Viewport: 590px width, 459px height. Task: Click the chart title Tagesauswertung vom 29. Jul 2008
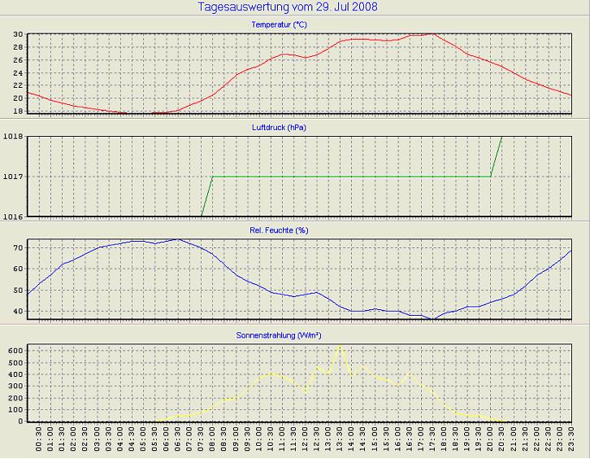tap(287, 7)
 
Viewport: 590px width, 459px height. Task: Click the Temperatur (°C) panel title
tap(279, 25)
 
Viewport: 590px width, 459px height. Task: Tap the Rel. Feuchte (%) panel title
tap(280, 230)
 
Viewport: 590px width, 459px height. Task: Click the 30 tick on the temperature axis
tap(18, 35)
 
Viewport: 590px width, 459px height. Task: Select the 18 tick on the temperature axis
tap(18, 111)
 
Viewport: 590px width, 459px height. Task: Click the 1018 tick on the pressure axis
tap(13, 137)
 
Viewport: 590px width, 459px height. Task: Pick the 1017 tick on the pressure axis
tap(13, 177)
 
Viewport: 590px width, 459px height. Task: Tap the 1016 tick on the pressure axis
tap(13, 216)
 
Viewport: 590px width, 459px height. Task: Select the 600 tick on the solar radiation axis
tap(15, 349)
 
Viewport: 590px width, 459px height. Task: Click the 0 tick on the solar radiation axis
tap(21, 421)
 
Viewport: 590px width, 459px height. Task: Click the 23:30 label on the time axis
tap(571, 443)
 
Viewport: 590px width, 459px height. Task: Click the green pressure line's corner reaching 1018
tap(502, 137)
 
